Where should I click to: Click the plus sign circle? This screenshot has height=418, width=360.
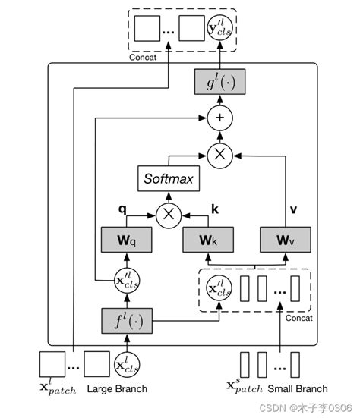click(219, 118)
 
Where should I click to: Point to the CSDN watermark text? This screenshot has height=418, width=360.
click(307, 408)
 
